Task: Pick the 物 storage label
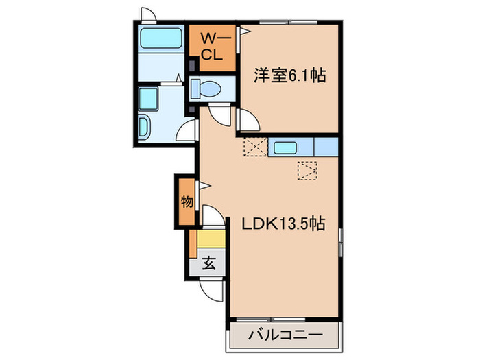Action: pos(187,202)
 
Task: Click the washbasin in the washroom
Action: pos(146,125)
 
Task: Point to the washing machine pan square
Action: pos(149,100)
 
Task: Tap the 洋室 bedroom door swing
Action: pos(248,121)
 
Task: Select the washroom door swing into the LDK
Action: pos(187,130)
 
